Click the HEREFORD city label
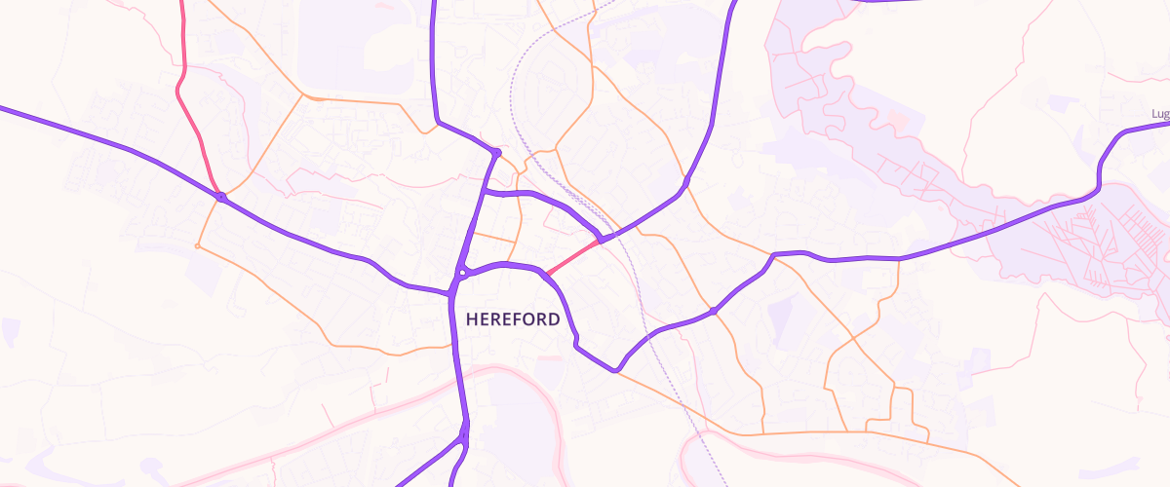click(513, 319)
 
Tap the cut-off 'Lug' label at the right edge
click(1159, 114)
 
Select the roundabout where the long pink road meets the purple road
click(221, 198)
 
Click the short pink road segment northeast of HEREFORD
click(571, 256)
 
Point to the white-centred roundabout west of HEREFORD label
click(463, 274)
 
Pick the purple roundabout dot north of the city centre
click(496, 153)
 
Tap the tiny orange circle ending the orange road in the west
click(198, 246)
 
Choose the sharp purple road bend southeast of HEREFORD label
click(615, 370)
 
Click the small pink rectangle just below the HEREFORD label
click(550, 359)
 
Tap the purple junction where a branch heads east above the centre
click(485, 193)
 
